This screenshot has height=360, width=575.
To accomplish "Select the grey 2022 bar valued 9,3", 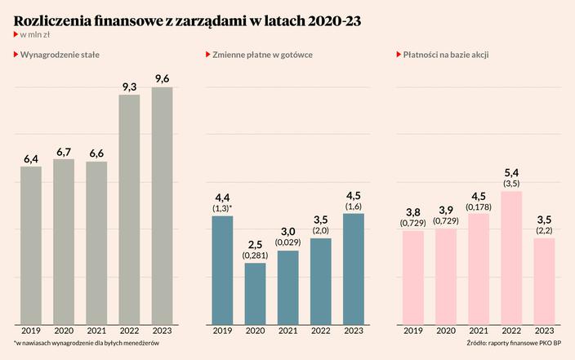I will [129, 209].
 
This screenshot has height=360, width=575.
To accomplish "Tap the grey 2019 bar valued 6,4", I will [31, 245].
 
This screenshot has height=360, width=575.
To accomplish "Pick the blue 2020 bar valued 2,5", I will [255, 293].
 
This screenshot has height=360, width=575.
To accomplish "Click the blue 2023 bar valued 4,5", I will [353, 269].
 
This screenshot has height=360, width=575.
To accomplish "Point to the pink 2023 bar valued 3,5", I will [544, 280].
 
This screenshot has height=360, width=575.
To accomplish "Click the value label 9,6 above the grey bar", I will [162, 78].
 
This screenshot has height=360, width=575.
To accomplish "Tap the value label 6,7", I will [64, 151].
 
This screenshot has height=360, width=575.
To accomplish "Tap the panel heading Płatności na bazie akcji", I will [452, 54].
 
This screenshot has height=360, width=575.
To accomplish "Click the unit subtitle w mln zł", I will [36, 35].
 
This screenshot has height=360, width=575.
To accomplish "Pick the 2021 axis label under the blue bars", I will [287, 331].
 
